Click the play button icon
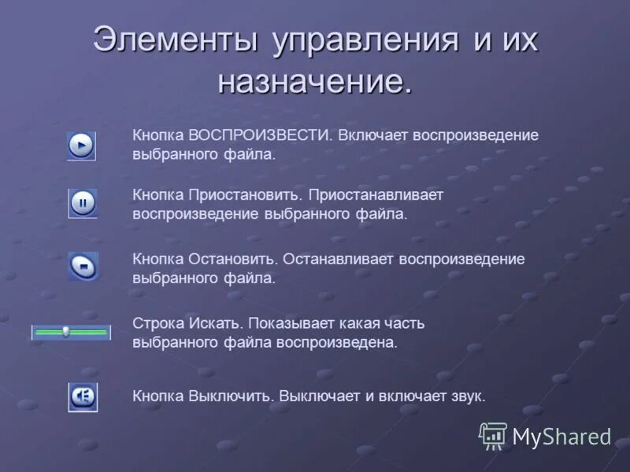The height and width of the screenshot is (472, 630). point(81,146)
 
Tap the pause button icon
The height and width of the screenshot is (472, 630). point(82,204)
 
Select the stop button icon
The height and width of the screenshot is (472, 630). point(83,267)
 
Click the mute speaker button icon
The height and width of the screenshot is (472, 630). point(82,396)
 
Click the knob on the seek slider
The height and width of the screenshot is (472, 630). point(66,332)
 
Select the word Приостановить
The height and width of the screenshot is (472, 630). point(246,194)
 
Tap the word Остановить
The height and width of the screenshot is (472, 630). point(232,258)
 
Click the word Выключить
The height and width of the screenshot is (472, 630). point(231,396)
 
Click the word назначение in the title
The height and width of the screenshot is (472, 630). point(314,82)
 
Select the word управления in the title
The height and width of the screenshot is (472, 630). point(366,40)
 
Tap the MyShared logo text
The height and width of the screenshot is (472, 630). point(561,437)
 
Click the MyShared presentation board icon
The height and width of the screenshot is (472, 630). point(493,435)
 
